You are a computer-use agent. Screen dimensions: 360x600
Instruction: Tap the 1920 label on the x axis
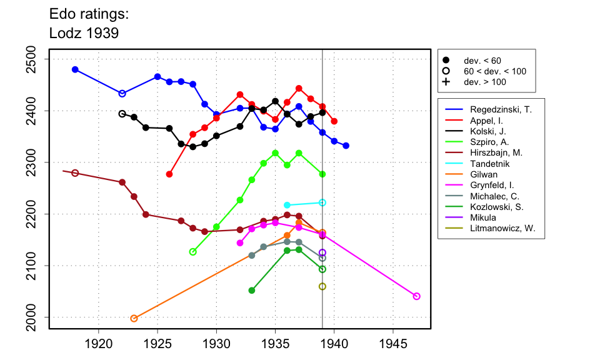pyautogui.click(x=98, y=343)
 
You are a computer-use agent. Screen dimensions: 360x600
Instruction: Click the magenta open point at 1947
pyautogui.click(x=417, y=296)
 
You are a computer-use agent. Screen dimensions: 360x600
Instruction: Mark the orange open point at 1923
pyautogui.click(x=134, y=318)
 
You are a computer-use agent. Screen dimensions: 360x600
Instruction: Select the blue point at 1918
pyautogui.click(x=75, y=69)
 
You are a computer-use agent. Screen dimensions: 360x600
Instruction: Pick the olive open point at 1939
pyautogui.click(x=322, y=286)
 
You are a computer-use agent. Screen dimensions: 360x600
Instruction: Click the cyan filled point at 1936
pyautogui.click(x=287, y=205)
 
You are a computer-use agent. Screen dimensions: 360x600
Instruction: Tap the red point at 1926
pyautogui.click(x=169, y=174)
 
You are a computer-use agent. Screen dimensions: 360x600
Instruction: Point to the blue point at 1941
pyautogui.click(x=346, y=146)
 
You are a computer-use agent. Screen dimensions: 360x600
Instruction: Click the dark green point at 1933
pyautogui.click(x=252, y=291)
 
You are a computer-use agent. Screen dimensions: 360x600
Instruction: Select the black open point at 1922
pyautogui.click(x=122, y=114)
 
